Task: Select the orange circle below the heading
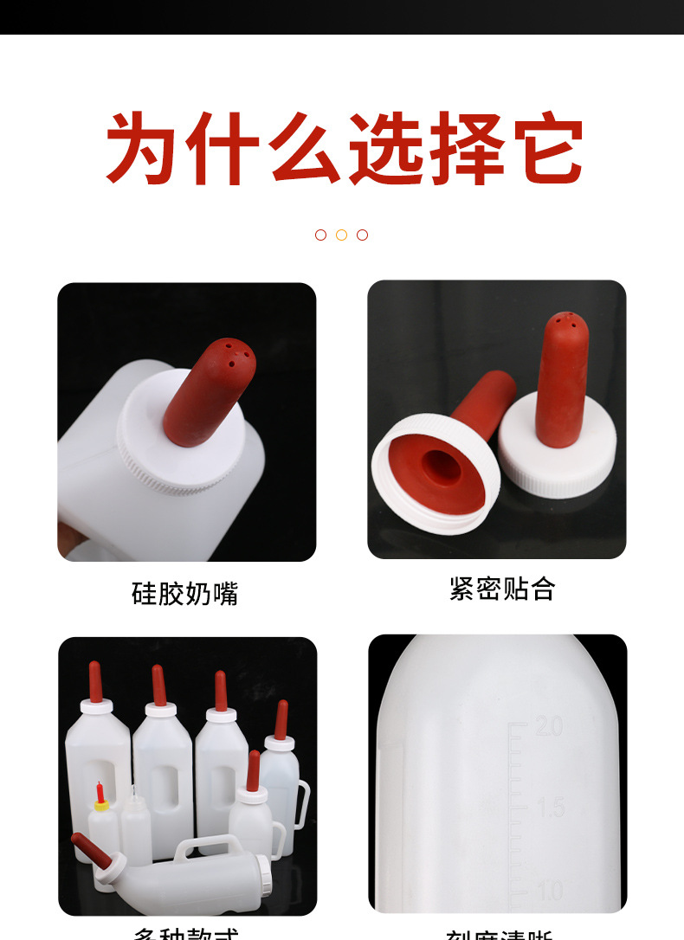[x=341, y=235]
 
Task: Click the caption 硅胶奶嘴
[x=184, y=594]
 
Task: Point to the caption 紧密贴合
[x=502, y=589]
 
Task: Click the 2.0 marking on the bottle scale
[x=548, y=725]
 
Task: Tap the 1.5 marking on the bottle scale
[x=549, y=808]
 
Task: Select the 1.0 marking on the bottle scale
[x=548, y=890]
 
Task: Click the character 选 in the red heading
[x=390, y=148]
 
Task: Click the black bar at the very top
[x=342, y=16]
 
